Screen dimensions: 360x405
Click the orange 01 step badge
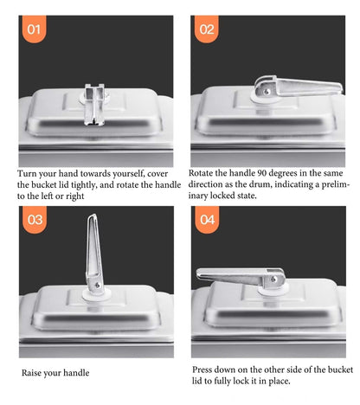34,29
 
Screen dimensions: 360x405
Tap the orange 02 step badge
206,29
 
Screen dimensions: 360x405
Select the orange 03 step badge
35,219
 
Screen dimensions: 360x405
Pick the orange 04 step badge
207,219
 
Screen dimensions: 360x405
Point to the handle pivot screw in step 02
267,92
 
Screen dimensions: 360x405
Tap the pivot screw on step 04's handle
273,279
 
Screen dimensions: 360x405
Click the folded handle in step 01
94,105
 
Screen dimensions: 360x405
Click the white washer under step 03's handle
96,295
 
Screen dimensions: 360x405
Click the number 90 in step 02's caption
262,173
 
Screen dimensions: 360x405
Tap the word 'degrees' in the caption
283,174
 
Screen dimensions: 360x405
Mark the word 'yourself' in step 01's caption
128,174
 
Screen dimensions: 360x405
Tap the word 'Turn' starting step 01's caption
27,174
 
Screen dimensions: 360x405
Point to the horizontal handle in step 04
241,278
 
